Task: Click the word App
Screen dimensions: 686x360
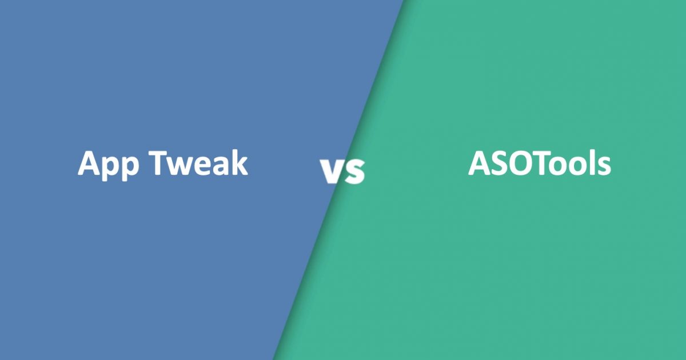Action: (109, 165)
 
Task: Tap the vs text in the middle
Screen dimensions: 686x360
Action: (342, 171)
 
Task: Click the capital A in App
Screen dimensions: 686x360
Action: (90, 162)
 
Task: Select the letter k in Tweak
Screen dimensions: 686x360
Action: (239, 162)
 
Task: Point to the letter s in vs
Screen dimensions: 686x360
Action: (354, 171)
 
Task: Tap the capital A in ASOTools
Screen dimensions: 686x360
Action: (481, 163)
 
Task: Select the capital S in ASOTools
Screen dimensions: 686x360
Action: (503, 163)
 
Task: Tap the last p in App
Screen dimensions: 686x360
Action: (131, 169)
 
